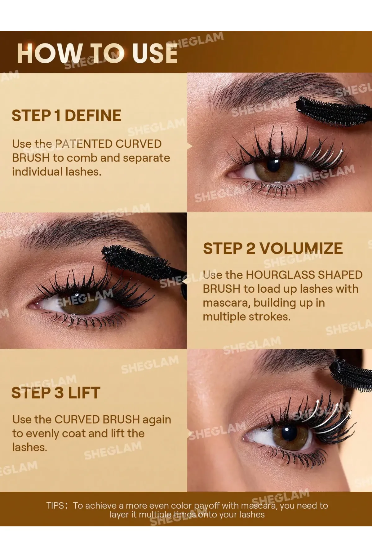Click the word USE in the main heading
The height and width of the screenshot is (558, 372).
tap(155, 53)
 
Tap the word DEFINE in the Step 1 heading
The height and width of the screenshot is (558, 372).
tap(93, 116)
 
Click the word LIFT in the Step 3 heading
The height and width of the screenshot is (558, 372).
tap(84, 393)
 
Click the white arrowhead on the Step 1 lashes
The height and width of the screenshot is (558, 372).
tap(341, 151)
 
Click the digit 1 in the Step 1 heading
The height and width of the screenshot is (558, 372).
tap(57, 116)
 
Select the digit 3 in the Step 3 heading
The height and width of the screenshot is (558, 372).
tap(59, 393)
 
